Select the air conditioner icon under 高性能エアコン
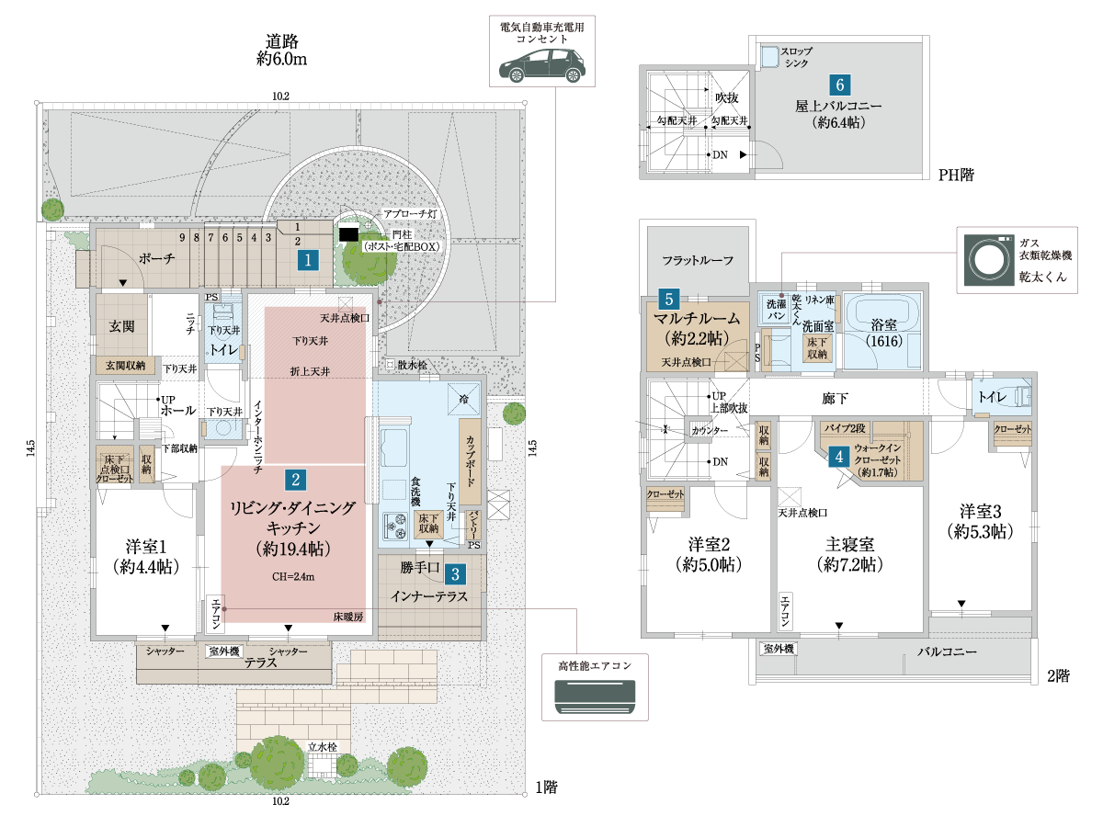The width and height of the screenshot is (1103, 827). pos(595,696)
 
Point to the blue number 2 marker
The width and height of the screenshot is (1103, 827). pos(295,479)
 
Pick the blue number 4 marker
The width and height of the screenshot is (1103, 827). pos(837,455)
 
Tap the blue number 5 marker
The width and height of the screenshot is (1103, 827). pos(670,299)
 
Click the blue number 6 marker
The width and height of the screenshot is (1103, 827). pos(839,85)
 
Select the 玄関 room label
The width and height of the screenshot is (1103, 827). pos(122,325)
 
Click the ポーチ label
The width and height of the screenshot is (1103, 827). pos(156,260)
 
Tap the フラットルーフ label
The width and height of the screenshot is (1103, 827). pos(699,261)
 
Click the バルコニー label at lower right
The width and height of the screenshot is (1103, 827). pos(947,652)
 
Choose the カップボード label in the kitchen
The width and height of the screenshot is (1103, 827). pos(470,462)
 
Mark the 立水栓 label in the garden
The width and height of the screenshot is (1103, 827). pos(323,747)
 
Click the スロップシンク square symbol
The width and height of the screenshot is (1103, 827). pos(768,55)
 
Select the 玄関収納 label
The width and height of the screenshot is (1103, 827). pos(126,366)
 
